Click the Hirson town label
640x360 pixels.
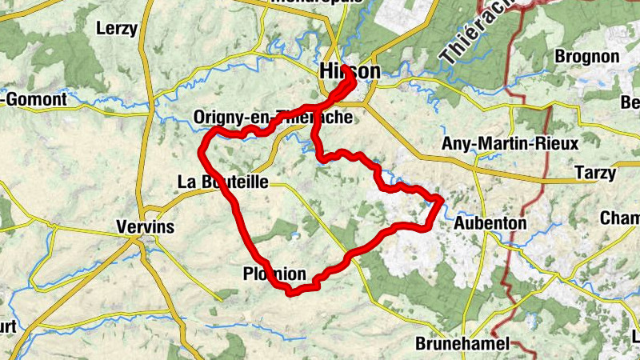coord(350,71)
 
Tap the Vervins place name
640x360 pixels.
coord(144,226)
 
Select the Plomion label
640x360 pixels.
coord(274,274)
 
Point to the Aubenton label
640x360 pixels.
coord(490,223)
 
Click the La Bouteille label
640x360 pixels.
coord(222,182)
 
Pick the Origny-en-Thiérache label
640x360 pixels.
coord(272,118)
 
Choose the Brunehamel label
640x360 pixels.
coord(462,344)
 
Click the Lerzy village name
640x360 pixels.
coord(117,29)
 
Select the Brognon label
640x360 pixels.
coord(587,57)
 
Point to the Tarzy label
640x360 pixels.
coord(594,174)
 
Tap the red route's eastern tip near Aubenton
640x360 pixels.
coord(439,198)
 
